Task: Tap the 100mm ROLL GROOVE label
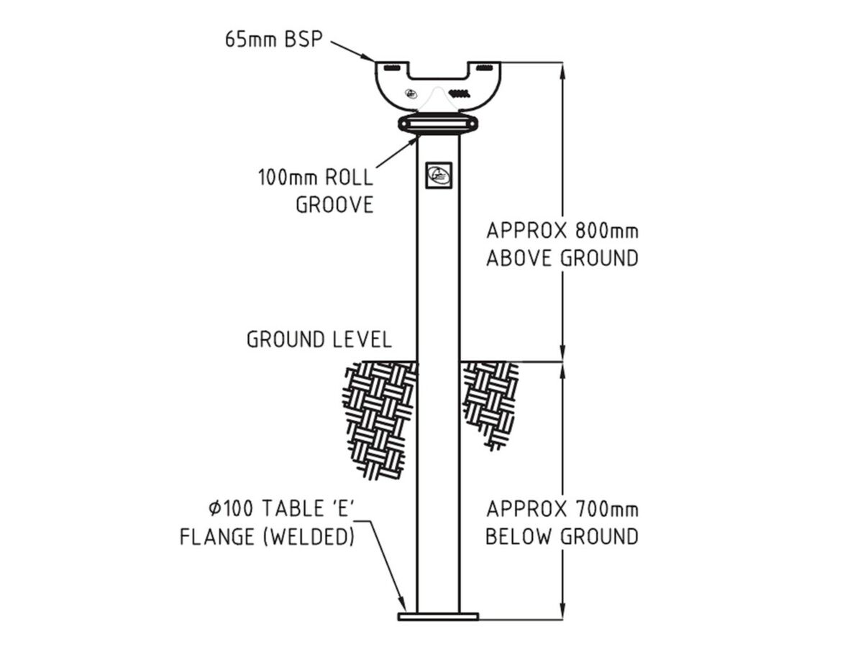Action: pos(316,191)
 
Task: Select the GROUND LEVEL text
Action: pos(319,339)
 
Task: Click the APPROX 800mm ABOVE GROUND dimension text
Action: pos(562,244)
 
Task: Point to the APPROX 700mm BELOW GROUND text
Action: pos(562,523)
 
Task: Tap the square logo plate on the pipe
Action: pos(437,173)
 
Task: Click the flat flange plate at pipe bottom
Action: pos(438,616)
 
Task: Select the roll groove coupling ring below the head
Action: pos(438,124)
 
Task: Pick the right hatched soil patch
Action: pos(489,403)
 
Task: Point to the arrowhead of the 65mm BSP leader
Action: pos(371,58)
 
